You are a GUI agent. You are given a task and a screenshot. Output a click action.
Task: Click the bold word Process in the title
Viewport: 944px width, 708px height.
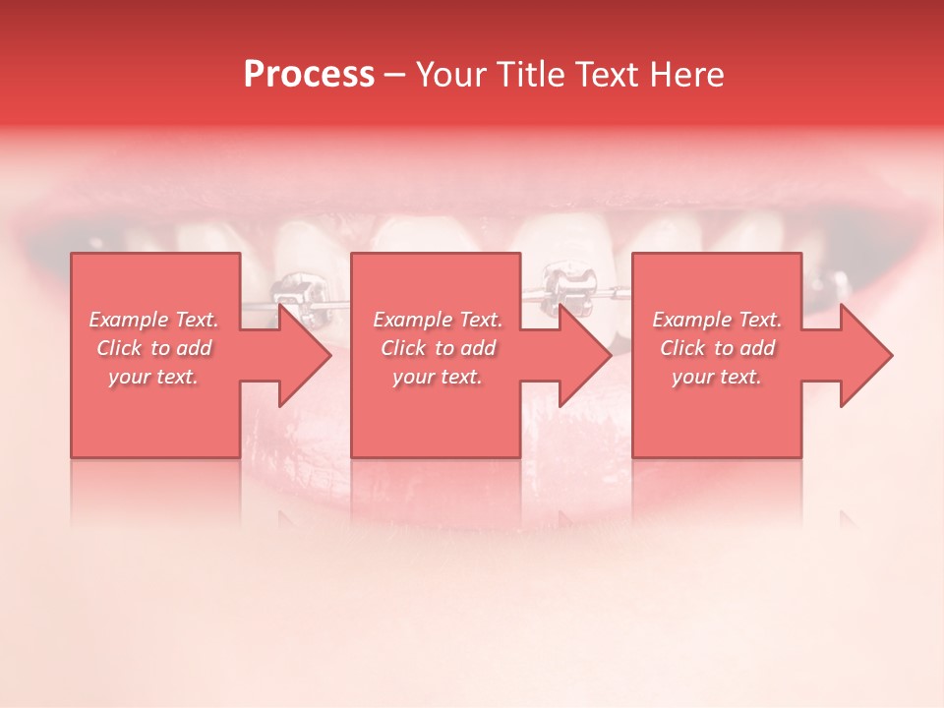309,75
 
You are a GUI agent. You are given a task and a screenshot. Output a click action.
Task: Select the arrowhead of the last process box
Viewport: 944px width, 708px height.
864,355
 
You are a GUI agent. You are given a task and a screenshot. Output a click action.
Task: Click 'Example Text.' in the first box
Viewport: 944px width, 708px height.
154,320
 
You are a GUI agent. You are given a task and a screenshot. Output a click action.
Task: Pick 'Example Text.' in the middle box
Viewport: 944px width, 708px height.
439,320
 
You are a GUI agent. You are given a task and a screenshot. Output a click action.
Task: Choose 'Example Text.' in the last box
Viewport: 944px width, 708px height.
718,320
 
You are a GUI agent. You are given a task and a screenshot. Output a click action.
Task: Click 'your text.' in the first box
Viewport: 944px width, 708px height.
154,377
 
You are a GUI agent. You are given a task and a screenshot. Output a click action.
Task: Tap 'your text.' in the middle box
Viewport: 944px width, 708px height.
439,377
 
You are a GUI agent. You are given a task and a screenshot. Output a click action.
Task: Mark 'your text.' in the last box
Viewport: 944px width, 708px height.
718,377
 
